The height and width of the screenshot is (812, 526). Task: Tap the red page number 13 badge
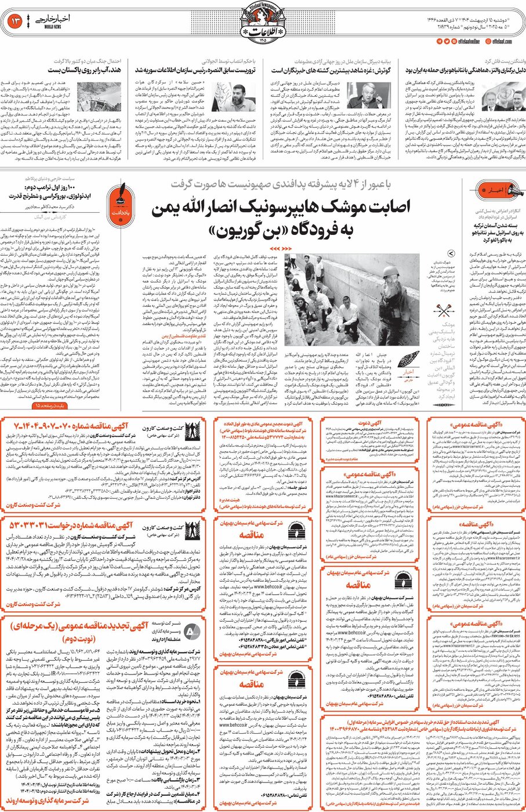pyautogui.click(x=14, y=21)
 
